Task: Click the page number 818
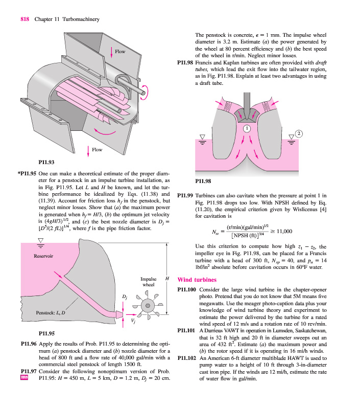coord(24,19)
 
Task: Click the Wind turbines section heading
coord(197,280)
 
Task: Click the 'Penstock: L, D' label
coord(51,312)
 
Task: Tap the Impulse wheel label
coord(148,282)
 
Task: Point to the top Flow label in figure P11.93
coord(120,52)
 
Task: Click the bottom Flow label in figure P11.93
coord(97,150)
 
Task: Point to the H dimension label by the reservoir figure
coord(166,279)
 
